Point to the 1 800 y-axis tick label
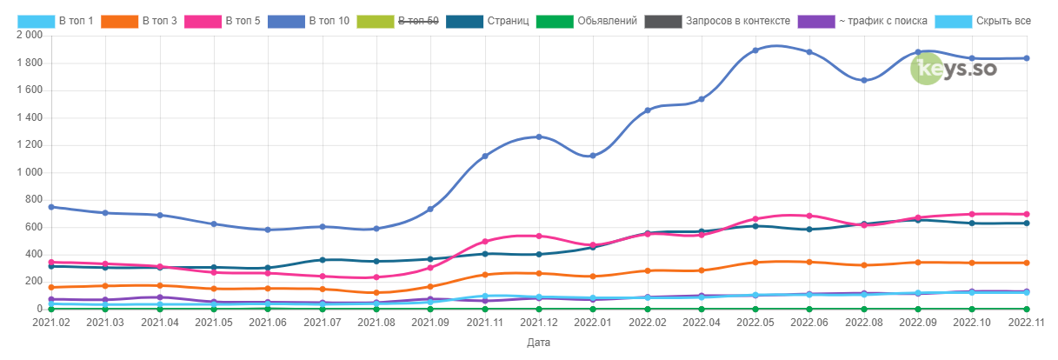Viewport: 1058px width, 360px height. click(28, 63)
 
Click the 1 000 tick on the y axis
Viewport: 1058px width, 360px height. click(28, 172)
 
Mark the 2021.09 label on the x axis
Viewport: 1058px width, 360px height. click(430, 323)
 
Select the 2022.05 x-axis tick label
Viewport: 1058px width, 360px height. click(755, 323)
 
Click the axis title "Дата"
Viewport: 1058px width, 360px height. click(539, 343)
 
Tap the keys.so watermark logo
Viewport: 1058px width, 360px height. click(953, 69)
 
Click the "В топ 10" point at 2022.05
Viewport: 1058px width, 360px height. click(755, 50)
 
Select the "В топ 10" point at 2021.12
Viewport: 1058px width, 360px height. click(539, 137)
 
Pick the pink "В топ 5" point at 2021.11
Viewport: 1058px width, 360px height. click(484, 241)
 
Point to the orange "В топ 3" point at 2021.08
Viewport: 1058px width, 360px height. click(376, 292)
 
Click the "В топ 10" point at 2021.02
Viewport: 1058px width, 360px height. click(51, 207)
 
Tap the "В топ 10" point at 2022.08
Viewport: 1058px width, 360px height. click(863, 80)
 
